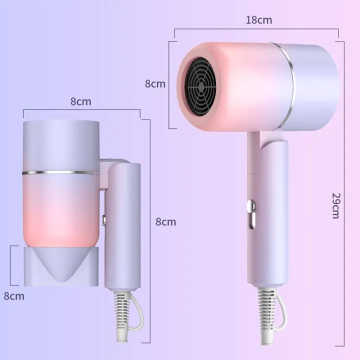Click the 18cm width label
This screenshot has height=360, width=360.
point(259,20)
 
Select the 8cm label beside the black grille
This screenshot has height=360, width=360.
point(155,84)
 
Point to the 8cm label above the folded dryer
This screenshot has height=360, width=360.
point(80,101)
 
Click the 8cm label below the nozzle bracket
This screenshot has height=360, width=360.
point(14,296)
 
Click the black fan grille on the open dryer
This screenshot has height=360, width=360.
point(201,86)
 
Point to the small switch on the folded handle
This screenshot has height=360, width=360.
point(104,219)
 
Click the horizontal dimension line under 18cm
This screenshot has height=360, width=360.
point(256,29)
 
